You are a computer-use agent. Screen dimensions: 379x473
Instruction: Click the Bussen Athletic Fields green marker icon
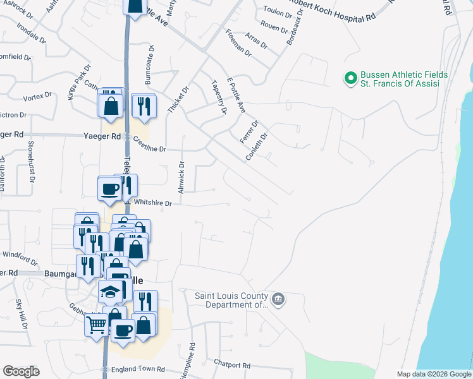coord(350,79)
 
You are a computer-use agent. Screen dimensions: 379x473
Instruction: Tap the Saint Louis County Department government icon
coord(277,298)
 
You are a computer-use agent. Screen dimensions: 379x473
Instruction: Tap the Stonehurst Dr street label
coord(30,161)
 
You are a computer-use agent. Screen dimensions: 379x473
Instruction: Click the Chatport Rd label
coord(232,365)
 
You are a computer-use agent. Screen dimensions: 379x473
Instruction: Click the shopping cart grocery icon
coord(96,325)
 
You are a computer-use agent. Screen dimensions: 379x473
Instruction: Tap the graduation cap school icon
coord(110,292)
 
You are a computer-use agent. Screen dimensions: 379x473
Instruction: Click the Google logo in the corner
coord(21,371)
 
